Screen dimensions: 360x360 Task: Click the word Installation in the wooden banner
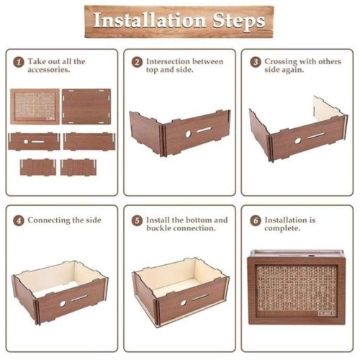149,20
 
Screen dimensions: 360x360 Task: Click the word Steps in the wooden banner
239,21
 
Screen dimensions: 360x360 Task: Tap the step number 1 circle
19,62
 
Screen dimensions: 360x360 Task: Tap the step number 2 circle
137,62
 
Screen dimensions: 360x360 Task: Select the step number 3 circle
256,62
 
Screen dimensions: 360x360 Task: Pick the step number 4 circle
19,220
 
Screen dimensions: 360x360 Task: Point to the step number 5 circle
137,220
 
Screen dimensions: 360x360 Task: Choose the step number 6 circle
256,220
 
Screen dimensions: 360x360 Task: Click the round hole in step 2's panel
189,134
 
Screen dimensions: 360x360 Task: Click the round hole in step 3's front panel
298,141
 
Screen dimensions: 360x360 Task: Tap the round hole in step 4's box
63,303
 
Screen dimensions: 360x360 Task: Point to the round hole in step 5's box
184,302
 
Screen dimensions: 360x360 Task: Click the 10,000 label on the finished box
326,313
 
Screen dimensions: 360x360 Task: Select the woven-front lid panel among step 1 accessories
35,107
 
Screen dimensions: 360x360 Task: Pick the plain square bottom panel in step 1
86,107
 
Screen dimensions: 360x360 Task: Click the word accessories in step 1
49,70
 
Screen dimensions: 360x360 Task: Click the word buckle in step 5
158,228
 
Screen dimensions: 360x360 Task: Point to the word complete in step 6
282,228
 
